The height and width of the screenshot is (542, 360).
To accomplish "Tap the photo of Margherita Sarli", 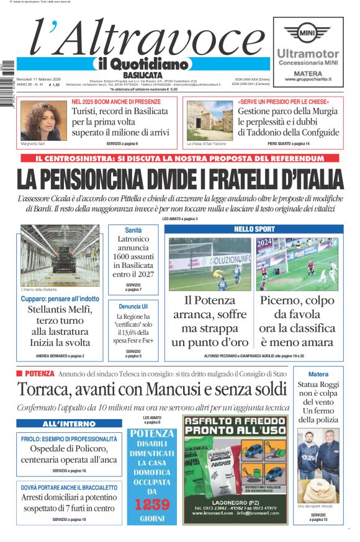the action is (43, 120).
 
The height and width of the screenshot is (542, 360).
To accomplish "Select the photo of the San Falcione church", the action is (209, 120).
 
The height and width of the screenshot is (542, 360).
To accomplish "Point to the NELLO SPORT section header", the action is (254, 229).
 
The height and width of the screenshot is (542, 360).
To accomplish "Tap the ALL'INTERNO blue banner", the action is (69, 424).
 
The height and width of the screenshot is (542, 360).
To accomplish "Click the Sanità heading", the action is (133, 230).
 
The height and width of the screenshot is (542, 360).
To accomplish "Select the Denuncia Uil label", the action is (133, 306).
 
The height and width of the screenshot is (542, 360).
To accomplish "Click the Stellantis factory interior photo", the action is (60, 255).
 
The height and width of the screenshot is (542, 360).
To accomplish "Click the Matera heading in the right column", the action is (318, 375).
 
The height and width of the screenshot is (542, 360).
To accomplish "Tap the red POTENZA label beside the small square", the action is (40, 374).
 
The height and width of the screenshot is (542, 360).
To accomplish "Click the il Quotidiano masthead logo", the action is (142, 64).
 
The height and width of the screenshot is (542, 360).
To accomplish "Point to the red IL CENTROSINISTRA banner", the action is (180, 159).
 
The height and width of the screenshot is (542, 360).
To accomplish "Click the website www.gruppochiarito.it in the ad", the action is (308, 79).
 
